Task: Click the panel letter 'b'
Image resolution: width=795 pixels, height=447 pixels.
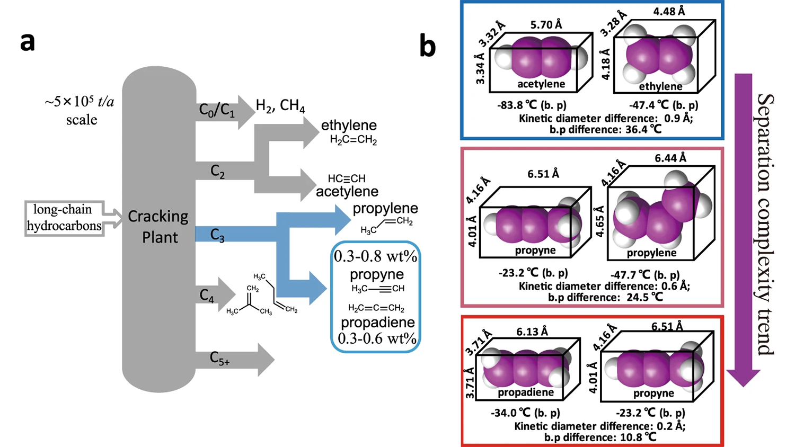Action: (427, 47)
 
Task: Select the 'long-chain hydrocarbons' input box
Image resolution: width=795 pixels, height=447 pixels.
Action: (64, 218)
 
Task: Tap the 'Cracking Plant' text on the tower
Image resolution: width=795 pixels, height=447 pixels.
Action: (158, 226)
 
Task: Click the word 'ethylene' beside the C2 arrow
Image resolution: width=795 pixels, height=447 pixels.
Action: (349, 126)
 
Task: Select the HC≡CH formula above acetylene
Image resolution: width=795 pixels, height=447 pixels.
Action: (347, 178)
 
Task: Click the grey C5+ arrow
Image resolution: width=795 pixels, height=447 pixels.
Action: (233, 360)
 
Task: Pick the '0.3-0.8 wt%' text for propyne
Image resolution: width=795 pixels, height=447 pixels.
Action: (375, 256)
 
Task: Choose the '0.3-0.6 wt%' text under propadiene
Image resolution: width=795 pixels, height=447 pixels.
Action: (377, 338)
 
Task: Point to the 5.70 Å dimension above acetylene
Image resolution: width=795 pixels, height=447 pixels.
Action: (546, 25)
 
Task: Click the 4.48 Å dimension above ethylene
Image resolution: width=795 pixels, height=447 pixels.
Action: (669, 11)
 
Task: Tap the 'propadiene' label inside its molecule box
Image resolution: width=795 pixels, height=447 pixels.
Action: (525, 392)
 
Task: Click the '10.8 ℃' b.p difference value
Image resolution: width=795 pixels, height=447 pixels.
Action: (637, 437)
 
